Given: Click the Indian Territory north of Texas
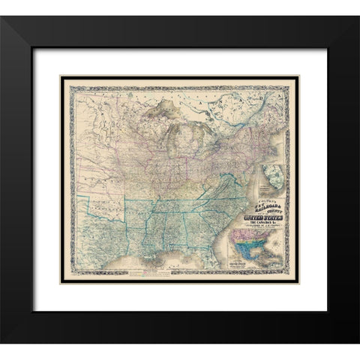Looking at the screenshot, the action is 116,196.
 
